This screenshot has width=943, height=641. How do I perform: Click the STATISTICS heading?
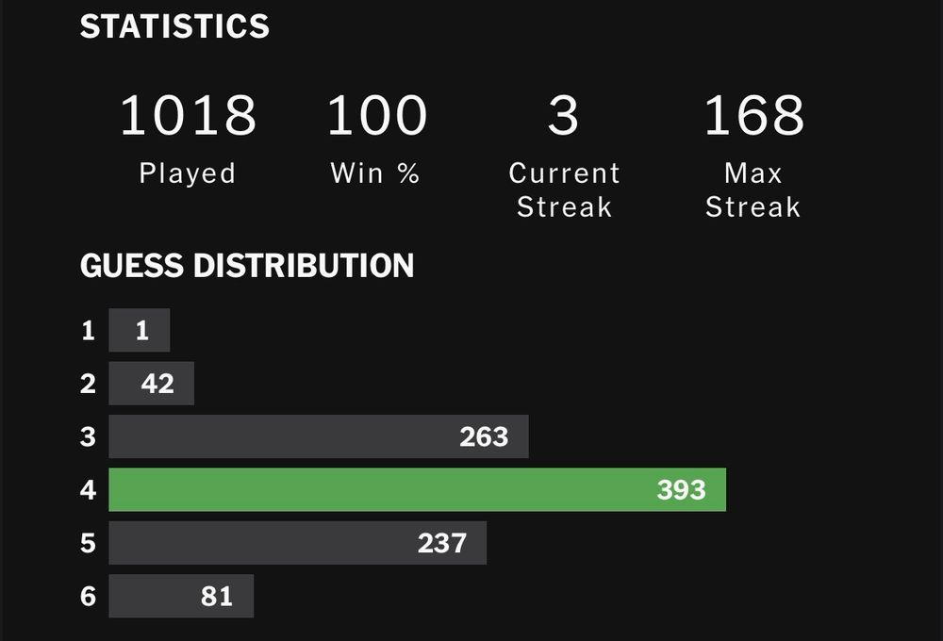pyautogui.click(x=174, y=26)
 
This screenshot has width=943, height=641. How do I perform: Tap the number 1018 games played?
pyautogui.click(x=188, y=115)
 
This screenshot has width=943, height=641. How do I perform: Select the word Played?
pyautogui.click(x=188, y=173)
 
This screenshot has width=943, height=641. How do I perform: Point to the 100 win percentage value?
pyautogui.click(x=376, y=115)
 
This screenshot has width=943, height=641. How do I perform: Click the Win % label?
pyautogui.click(x=375, y=173)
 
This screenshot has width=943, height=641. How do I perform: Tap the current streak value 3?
pyautogui.click(x=563, y=115)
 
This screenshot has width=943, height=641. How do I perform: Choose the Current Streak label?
pyautogui.click(x=564, y=189)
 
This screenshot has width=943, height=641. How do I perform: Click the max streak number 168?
pyautogui.click(x=753, y=115)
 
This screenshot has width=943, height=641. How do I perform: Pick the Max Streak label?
pyautogui.click(x=753, y=189)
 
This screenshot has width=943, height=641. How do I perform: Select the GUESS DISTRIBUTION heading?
pyautogui.click(x=247, y=266)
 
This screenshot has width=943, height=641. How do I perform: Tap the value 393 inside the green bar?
pyautogui.click(x=681, y=489)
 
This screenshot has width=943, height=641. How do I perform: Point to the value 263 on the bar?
pyautogui.click(x=484, y=436)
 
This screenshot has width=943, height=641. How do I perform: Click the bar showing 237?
pyautogui.click(x=297, y=543)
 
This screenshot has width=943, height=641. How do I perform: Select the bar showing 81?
pyautogui.click(x=181, y=596)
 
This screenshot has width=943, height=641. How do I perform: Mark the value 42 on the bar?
pyautogui.click(x=157, y=384)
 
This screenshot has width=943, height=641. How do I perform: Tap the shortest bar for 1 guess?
pyautogui.click(x=140, y=331)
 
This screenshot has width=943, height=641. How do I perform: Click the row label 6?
pyautogui.click(x=88, y=596)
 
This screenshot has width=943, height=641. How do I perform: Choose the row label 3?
pyautogui.click(x=88, y=436)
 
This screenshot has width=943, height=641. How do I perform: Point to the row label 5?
pyautogui.click(x=88, y=543)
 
